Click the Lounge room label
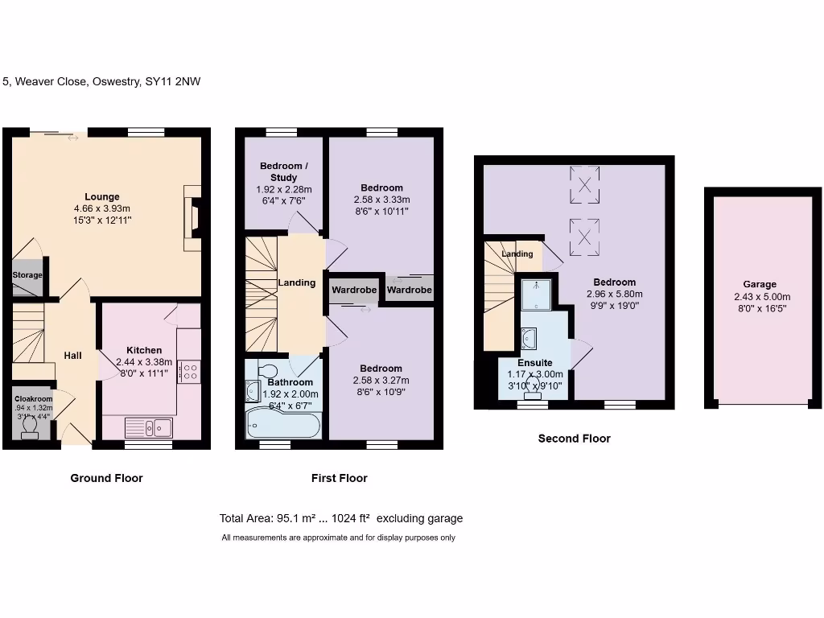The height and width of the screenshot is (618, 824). tap(102, 196)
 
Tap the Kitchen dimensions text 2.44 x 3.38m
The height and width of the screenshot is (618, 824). tap(144, 362)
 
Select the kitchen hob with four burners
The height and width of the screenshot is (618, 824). tap(189, 371)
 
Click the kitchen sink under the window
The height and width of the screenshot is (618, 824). tap(149, 426)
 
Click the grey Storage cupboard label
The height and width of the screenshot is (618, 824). tap(27, 275)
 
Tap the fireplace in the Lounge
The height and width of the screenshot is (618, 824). tap(194, 217)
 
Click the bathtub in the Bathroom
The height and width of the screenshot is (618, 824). tap(283, 422)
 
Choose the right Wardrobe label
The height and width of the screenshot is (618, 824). tap(409, 290)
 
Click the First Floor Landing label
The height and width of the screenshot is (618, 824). tap(296, 282)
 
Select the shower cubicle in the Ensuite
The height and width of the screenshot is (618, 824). tap(534, 295)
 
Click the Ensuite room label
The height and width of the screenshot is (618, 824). tap(535, 363)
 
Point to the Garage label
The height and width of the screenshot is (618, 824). tap(760, 284)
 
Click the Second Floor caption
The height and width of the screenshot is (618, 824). tap(574, 439)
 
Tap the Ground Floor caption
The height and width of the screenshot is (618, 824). tap(106, 478)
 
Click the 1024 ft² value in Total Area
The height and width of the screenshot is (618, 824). tap(351, 518)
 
